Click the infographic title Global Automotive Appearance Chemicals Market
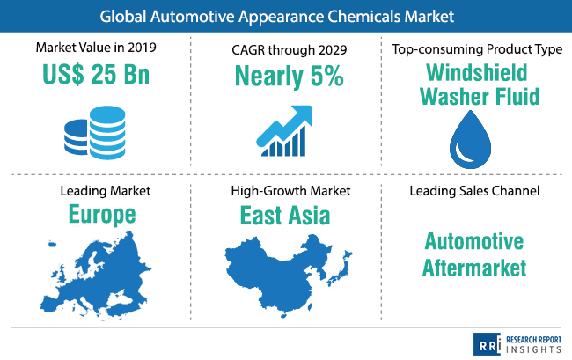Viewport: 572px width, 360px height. point(277,17)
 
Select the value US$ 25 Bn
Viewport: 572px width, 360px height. point(96,75)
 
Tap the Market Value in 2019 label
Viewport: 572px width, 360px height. point(96,48)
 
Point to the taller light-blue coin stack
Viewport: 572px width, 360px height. point(107,132)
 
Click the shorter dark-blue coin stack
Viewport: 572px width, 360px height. point(77,137)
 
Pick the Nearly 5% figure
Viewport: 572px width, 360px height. point(289,77)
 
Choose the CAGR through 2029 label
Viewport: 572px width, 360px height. point(289,50)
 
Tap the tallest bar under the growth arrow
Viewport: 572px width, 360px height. point(301,141)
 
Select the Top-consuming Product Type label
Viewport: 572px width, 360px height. point(477,49)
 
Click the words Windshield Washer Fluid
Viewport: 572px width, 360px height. point(479,84)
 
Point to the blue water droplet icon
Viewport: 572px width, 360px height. point(470,140)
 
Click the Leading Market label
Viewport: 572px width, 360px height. point(105,191)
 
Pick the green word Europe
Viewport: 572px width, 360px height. point(102,215)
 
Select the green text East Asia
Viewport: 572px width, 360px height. point(285,216)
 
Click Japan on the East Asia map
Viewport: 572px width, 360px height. point(340,268)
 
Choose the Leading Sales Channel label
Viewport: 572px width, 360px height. point(474,191)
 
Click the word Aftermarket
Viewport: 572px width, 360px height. point(474,268)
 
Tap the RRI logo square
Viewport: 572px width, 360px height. point(487,344)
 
